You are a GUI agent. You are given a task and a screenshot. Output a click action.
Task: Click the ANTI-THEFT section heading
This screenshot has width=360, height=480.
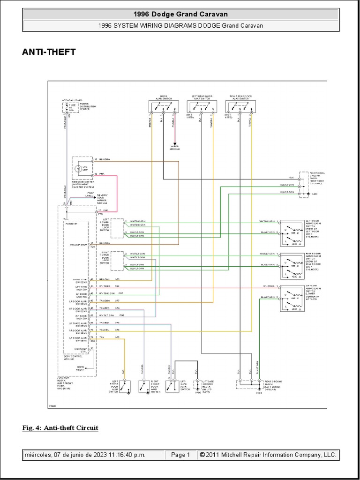pyautogui.click(x=49, y=52)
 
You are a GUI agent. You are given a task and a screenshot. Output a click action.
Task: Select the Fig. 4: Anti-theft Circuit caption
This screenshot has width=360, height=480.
pyautogui.click(x=60, y=428)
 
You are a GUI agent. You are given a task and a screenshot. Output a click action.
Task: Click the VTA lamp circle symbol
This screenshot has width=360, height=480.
pyautogui.click(x=79, y=168)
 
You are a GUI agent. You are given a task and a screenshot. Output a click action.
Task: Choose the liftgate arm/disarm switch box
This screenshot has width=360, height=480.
pyautogui.click(x=291, y=299)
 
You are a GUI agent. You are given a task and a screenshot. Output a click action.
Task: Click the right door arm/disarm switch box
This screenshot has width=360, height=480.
pyautogui.click(x=291, y=265)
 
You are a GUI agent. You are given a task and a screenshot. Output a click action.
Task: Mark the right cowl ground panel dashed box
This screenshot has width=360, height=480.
pyautogui.click(x=304, y=184)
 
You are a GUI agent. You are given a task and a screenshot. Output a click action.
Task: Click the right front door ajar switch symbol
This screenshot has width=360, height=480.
pyautogui.click(x=144, y=386)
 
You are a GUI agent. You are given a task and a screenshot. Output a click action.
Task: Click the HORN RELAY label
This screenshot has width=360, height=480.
pyautogui.click(x=81, y=368)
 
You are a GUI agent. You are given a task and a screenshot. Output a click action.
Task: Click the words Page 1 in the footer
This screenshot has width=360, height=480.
pyautogui.click(x=180, y=455)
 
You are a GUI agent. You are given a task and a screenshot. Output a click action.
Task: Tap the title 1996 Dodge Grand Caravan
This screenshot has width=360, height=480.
pyautogui.click(x=180, y=15)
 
